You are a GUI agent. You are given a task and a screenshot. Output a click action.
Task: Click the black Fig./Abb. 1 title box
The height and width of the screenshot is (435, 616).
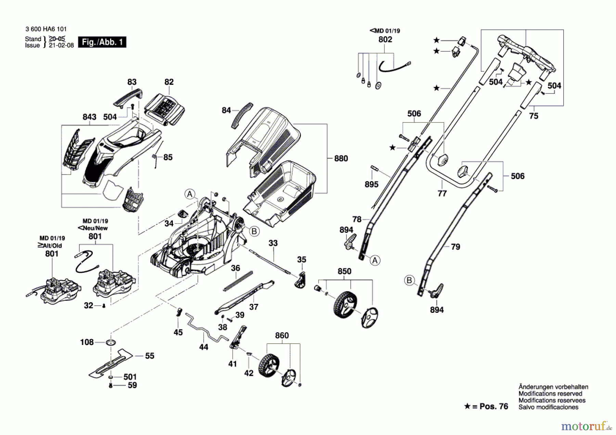pos(102,42)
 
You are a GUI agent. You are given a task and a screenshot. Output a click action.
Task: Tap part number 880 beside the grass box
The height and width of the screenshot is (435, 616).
pos(341,158)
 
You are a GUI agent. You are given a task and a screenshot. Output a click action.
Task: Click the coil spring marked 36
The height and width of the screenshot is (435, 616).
pos(238,281)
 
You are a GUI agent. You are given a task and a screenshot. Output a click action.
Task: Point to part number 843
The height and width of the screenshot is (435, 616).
pos(89,117)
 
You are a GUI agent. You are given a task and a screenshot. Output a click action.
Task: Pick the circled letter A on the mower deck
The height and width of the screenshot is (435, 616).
pos(190,194)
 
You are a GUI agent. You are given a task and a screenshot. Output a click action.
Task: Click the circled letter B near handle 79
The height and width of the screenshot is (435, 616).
pos(409,281)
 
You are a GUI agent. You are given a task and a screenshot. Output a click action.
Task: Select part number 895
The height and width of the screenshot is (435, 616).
pos(371,184)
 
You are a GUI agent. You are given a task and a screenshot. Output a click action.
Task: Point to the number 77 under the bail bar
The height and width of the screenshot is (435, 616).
pos(442,194)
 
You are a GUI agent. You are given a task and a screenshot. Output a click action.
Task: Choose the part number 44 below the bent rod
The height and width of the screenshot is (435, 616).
pos(204,347)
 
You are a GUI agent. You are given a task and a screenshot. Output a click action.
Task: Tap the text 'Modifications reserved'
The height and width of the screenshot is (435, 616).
pos(550,394)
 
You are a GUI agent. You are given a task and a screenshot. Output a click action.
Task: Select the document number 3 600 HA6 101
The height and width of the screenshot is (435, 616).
pos(46,29)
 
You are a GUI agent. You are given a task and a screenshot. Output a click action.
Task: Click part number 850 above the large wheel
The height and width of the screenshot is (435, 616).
pos(344,271)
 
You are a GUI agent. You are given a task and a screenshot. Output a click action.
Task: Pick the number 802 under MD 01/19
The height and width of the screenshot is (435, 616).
pos(385,40)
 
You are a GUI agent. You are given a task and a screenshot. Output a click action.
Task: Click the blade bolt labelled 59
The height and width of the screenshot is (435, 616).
pos(111,385)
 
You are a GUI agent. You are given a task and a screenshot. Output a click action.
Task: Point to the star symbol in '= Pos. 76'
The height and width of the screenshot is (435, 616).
pos(467,406)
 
